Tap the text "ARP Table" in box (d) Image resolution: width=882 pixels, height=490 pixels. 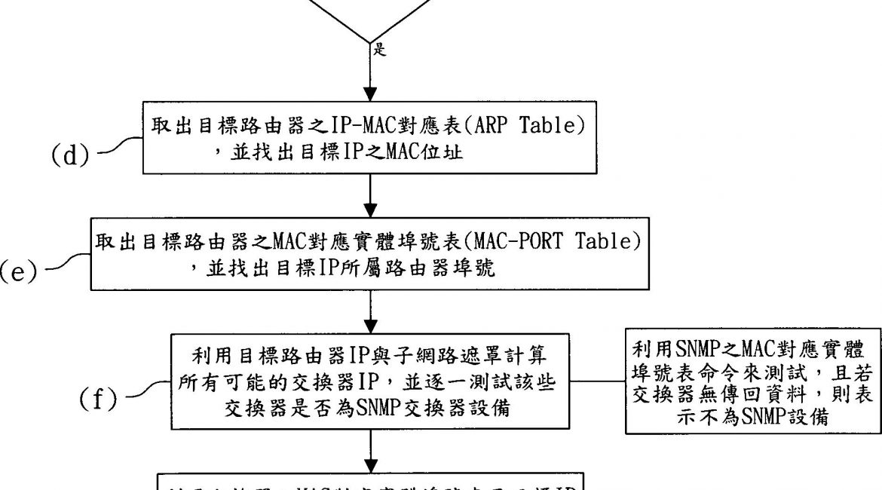click(x=536, y=126)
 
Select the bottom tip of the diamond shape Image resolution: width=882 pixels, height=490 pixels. click(x=370, y=43)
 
